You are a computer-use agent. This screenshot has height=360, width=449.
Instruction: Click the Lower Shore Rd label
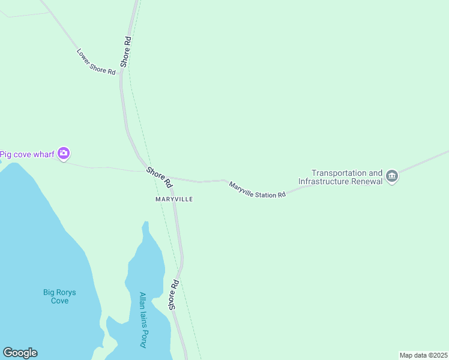coord(96,62)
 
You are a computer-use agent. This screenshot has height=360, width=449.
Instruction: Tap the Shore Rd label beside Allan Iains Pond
coord(174,294)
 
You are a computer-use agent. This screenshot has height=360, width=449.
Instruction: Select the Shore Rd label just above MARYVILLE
coord(159,176)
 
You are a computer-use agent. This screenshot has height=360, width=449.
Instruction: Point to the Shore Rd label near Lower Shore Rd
coord(125,51)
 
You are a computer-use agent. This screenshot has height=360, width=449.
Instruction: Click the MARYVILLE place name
coord(174,199)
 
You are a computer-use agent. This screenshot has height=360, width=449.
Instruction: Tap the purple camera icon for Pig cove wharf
coord(64,154)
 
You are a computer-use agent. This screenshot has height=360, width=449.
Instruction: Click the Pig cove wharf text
coord(27,154)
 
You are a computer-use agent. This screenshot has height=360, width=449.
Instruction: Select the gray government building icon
coord(392,176)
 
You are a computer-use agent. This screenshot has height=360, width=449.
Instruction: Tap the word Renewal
coord(367,181)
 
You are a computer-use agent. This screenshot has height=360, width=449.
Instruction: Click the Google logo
coord(20,353)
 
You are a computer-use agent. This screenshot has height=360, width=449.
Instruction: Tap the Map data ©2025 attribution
coord(423,355)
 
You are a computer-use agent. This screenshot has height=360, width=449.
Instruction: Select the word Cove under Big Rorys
coord(60,301)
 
